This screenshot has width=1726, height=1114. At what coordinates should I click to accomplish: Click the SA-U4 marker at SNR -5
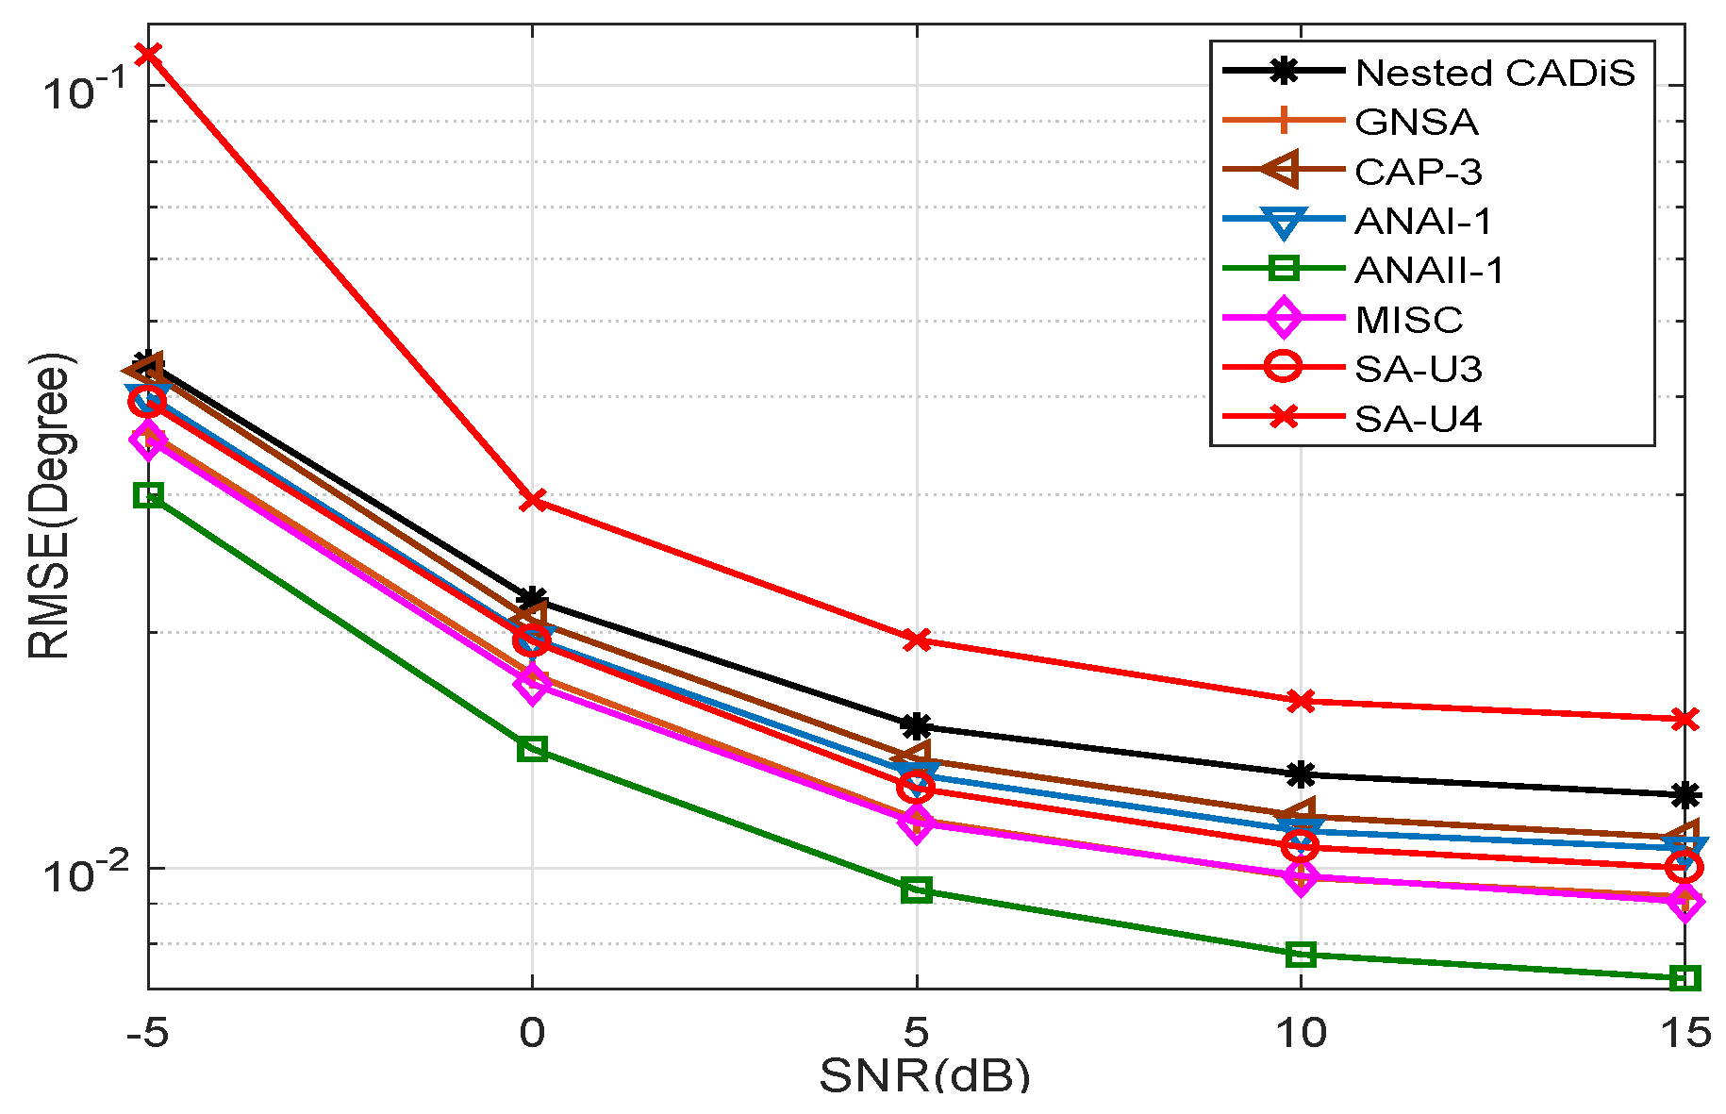point(147,54)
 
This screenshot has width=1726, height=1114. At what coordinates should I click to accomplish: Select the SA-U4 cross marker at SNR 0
point(533,499)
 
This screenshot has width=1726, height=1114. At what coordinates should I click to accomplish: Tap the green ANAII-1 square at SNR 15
point(1685,978)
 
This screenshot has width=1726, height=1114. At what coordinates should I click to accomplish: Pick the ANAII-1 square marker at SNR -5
point(148,494)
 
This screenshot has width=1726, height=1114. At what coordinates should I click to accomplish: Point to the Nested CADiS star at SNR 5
point(916,726)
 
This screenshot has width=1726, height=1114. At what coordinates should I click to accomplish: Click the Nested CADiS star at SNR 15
point(1685,795)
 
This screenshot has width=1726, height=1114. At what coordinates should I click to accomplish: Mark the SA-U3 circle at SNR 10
point(1301,846)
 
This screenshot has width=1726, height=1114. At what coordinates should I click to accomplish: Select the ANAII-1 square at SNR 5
point(916,890)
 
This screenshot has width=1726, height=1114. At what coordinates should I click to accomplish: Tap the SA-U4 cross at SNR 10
point(1301,701)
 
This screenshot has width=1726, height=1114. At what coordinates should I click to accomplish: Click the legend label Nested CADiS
point(1494,73)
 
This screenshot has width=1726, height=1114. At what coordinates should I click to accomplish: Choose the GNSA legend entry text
point(1416,123)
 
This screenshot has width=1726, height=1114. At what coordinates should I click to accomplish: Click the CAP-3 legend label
point(1418,172)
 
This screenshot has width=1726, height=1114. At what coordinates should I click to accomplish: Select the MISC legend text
point(1408,320)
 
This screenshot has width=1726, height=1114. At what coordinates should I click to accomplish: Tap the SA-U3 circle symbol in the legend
point(1283,368)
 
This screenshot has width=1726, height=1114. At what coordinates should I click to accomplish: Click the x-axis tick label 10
point(1301,1034)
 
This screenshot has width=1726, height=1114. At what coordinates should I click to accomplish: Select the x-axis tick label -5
point(147,1034)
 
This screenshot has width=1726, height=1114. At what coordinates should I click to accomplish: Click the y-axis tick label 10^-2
point(83,873)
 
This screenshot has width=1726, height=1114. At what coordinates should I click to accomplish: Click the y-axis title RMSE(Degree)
point(49,506)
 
